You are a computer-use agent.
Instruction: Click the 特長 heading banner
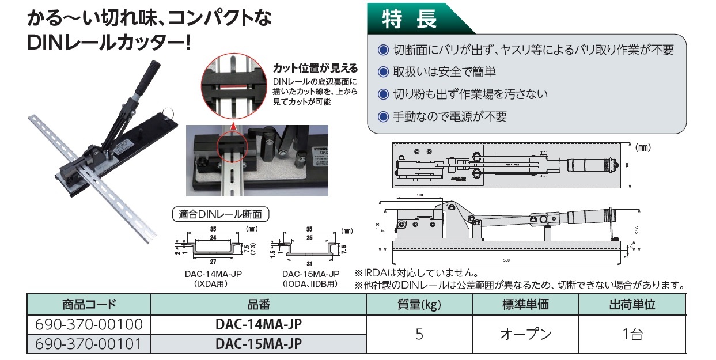410,19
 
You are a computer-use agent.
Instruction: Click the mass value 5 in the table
419,334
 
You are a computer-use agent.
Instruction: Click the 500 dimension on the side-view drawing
506,260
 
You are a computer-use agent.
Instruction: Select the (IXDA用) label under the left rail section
206,283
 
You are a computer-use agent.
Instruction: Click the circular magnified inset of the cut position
233,84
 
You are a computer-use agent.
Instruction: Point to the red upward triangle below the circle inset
233,123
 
